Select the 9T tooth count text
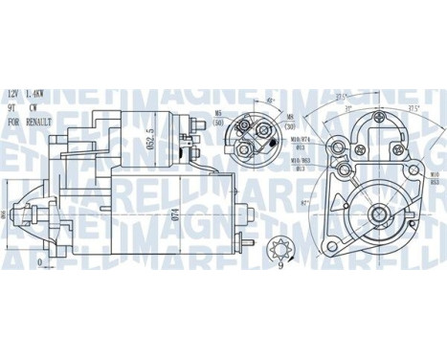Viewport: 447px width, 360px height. pyautogui.click(x=12, y=108)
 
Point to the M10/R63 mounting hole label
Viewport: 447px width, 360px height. pyautogui.click(x=294, y=158)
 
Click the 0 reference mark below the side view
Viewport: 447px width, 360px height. pyautogui.click(x=39, y=261)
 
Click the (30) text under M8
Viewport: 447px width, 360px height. pyautogui.click(x=289, y=127)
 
